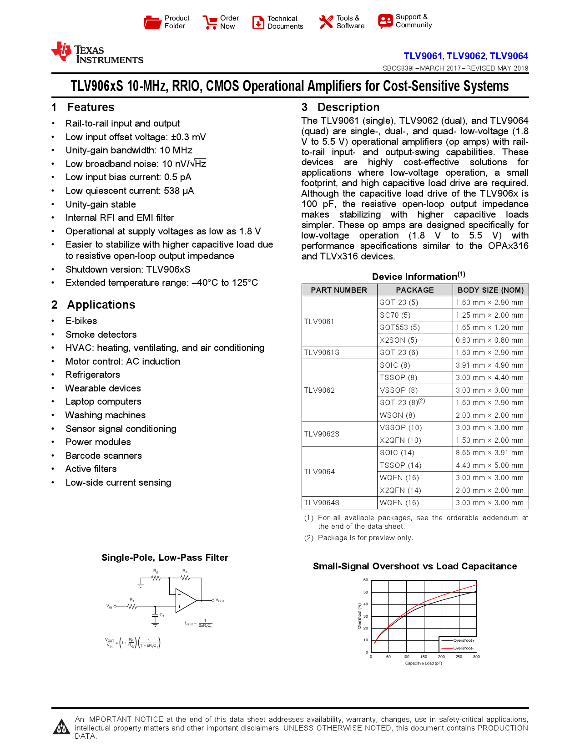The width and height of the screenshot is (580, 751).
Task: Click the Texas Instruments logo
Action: [x=97, y=53]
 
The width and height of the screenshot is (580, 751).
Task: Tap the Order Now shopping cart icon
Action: [x=210, y=22]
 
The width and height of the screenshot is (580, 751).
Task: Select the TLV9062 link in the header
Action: [x=466, y=56]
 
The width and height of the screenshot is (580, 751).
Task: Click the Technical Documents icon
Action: [x=258, y=22]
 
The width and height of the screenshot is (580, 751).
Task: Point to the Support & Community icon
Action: [x=385, y=21]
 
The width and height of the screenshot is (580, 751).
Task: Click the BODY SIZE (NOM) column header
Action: [x=490, y=290]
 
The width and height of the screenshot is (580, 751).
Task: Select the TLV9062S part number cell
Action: [x=322, y=434]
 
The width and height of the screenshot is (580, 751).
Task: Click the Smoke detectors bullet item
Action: [x=101, y=335]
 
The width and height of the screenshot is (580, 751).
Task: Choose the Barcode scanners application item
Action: [x=104, y=456]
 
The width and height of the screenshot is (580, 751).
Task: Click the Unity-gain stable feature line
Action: [x=101, y=204]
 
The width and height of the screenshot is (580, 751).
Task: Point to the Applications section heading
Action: [x=101, y=304]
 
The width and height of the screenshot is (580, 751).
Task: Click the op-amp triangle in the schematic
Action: [x=185, y=600]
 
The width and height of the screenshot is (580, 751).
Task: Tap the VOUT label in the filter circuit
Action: [x=220, y=601]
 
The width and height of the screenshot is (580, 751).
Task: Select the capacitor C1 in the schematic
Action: [x=155, y=615]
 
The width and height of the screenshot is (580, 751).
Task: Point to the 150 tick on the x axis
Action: [x=424, y=657]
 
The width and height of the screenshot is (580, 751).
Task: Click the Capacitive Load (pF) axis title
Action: [x=424, y=663]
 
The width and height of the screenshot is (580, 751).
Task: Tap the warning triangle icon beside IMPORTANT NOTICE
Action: [x=61, y=727]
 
